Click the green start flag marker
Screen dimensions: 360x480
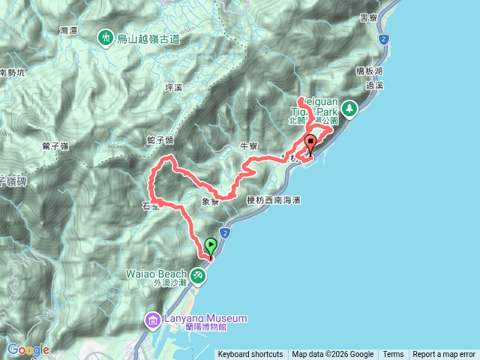211,245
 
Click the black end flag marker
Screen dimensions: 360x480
310,142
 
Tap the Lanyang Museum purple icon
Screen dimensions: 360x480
153,321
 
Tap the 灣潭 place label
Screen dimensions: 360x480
68,30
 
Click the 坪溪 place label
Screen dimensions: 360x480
173,88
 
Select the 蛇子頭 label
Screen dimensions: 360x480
160,140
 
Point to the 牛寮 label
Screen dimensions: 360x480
248,145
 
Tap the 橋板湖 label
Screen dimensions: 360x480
369,70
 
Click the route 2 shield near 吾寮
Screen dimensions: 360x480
385,37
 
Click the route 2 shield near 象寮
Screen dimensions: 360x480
224,235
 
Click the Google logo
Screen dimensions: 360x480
28,349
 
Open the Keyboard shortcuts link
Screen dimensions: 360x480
250,355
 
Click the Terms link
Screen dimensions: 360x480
393,355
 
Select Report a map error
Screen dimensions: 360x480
444,355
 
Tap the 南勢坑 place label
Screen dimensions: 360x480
13,73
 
